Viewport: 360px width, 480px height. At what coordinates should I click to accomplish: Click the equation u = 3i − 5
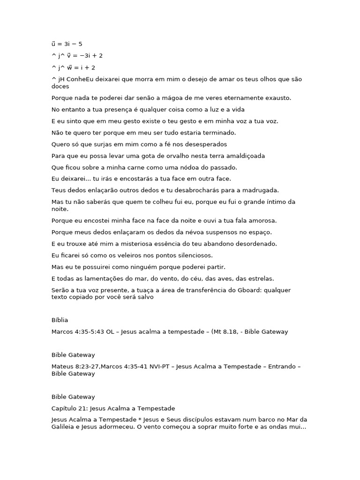pos(67,44)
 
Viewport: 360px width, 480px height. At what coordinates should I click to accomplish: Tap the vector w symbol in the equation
pos(69,67)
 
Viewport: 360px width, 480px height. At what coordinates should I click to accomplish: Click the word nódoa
pos(183,167)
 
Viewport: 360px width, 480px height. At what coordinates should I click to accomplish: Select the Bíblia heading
pos(60,320)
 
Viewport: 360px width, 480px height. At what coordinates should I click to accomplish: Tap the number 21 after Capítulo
pos(83,408)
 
